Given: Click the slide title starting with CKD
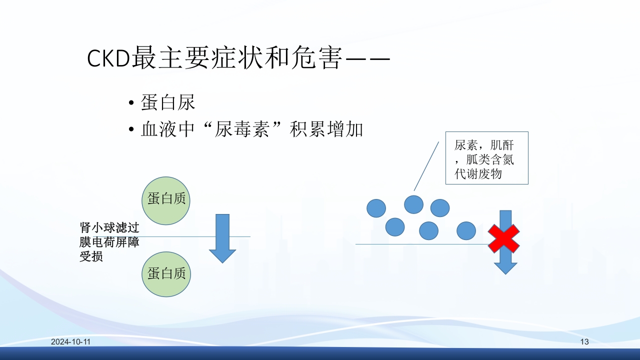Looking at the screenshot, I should pyautogui.click(x=238, y=59).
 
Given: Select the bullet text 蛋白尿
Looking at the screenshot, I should pyautogui.click(x=168, y=103).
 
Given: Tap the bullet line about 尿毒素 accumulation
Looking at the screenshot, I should pyautogui.click(x=252, y=130).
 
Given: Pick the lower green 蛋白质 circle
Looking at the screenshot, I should pyautogui.click(x=166, y=273).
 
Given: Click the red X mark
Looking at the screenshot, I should pyautogui.click(x=503, y=238).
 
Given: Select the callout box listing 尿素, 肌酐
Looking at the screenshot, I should pyautogui.click(x=486, y=158).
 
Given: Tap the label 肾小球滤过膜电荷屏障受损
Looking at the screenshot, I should pyautogui.click(x=109, y=242).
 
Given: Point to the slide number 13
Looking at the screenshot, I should pyautogui.click(x=584, y=342).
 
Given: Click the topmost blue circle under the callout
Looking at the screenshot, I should pyautogui.click(x=413, y=204).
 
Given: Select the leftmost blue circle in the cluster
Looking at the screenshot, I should pyautogui.click(x=376, y=208).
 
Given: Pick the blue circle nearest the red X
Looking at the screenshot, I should pyautogui.click(x=466, y=230).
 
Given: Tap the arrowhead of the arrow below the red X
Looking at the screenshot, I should pyautogui.click(x=506, y=267).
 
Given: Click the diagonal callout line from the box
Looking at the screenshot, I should pyautogui.click(x=426, y=166).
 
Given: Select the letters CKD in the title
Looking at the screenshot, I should pyautogui.click(x=108, y=59).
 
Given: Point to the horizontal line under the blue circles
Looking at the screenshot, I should pyautogui.click(x=420, y=244).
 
